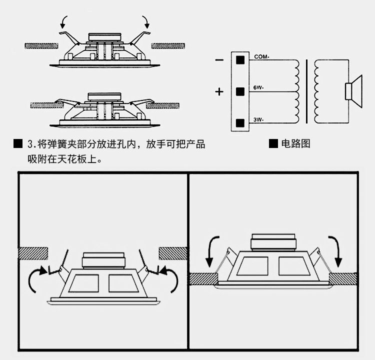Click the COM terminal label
pyautogui.click(x=262, y=57)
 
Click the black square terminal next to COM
pyautogui.click(x=240, y=60)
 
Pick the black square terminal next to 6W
pyautogui.click(x=240, y=91)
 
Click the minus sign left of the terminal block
pyautogui.click(x=219, y=60)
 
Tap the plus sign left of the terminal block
pyautogui.click(x=219, y=91)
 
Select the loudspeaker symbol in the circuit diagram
pyautogui.click(x=353, y=91)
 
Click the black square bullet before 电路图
pyautogui.click(x=273, y=144)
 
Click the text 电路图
pyautogui.click(x=295, y=144)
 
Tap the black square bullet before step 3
pyautogui.click(x=18, y=144)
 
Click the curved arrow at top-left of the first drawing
pyautogui.click(x=64, y=21)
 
